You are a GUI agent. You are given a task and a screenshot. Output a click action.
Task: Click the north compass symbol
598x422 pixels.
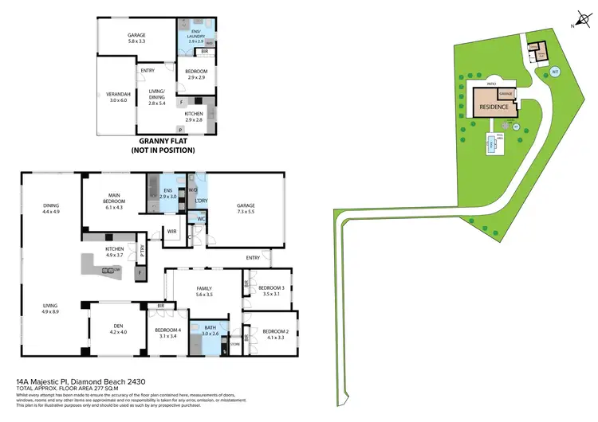[580, 18]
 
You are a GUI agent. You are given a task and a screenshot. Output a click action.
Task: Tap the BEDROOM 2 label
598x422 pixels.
[277, 331]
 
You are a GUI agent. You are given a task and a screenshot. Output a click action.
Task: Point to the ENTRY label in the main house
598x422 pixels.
[253, 257]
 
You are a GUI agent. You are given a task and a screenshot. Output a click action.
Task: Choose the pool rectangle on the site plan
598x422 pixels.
[488, 143]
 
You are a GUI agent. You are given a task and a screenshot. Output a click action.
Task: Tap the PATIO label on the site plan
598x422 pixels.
[493, 82]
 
